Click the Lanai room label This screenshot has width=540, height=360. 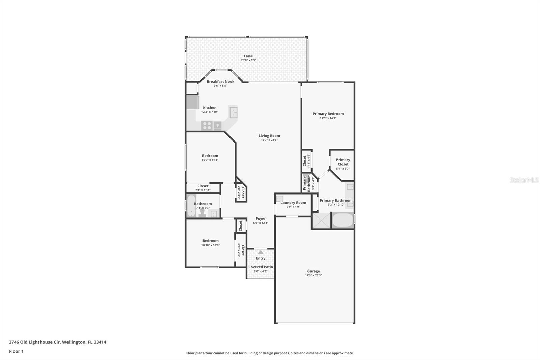click(x=248, y=56)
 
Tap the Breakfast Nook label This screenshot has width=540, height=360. click(x=220, y=81)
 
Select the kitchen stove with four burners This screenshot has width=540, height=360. click(x=207, y=126)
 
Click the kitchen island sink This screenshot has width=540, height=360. click(x=233, y=112)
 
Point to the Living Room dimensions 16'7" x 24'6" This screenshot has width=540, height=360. click(x=269, y=140)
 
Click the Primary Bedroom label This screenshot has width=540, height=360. click(x=328, y=114)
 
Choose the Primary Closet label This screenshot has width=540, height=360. click(x=343, y=162)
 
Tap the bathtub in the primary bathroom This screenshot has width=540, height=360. click(x=343, y=220)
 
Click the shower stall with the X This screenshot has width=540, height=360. click(x=321, y=220)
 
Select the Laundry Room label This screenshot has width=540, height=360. click(x=293, y=203)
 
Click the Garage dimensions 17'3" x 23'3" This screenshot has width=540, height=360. click(x=314, y=275)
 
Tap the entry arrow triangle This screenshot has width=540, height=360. click(x=261, y=252)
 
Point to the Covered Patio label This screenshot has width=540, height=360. click(x=261, y=267)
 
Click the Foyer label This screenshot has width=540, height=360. click(x=261, y=218)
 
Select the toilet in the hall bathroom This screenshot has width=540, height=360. click(x=202, y=213)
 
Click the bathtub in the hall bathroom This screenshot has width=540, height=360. click(x=191, y=206)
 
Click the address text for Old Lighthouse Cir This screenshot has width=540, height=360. click(x=58, y=342)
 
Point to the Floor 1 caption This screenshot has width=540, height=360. click(x=16, y=351)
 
